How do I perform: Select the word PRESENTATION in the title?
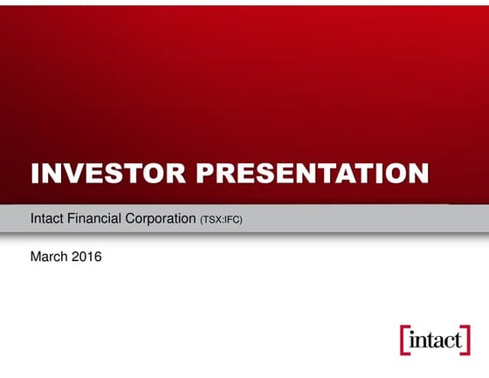312,173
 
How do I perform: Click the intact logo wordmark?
433,340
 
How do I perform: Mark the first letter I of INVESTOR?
35,173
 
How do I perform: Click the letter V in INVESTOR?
69,173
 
